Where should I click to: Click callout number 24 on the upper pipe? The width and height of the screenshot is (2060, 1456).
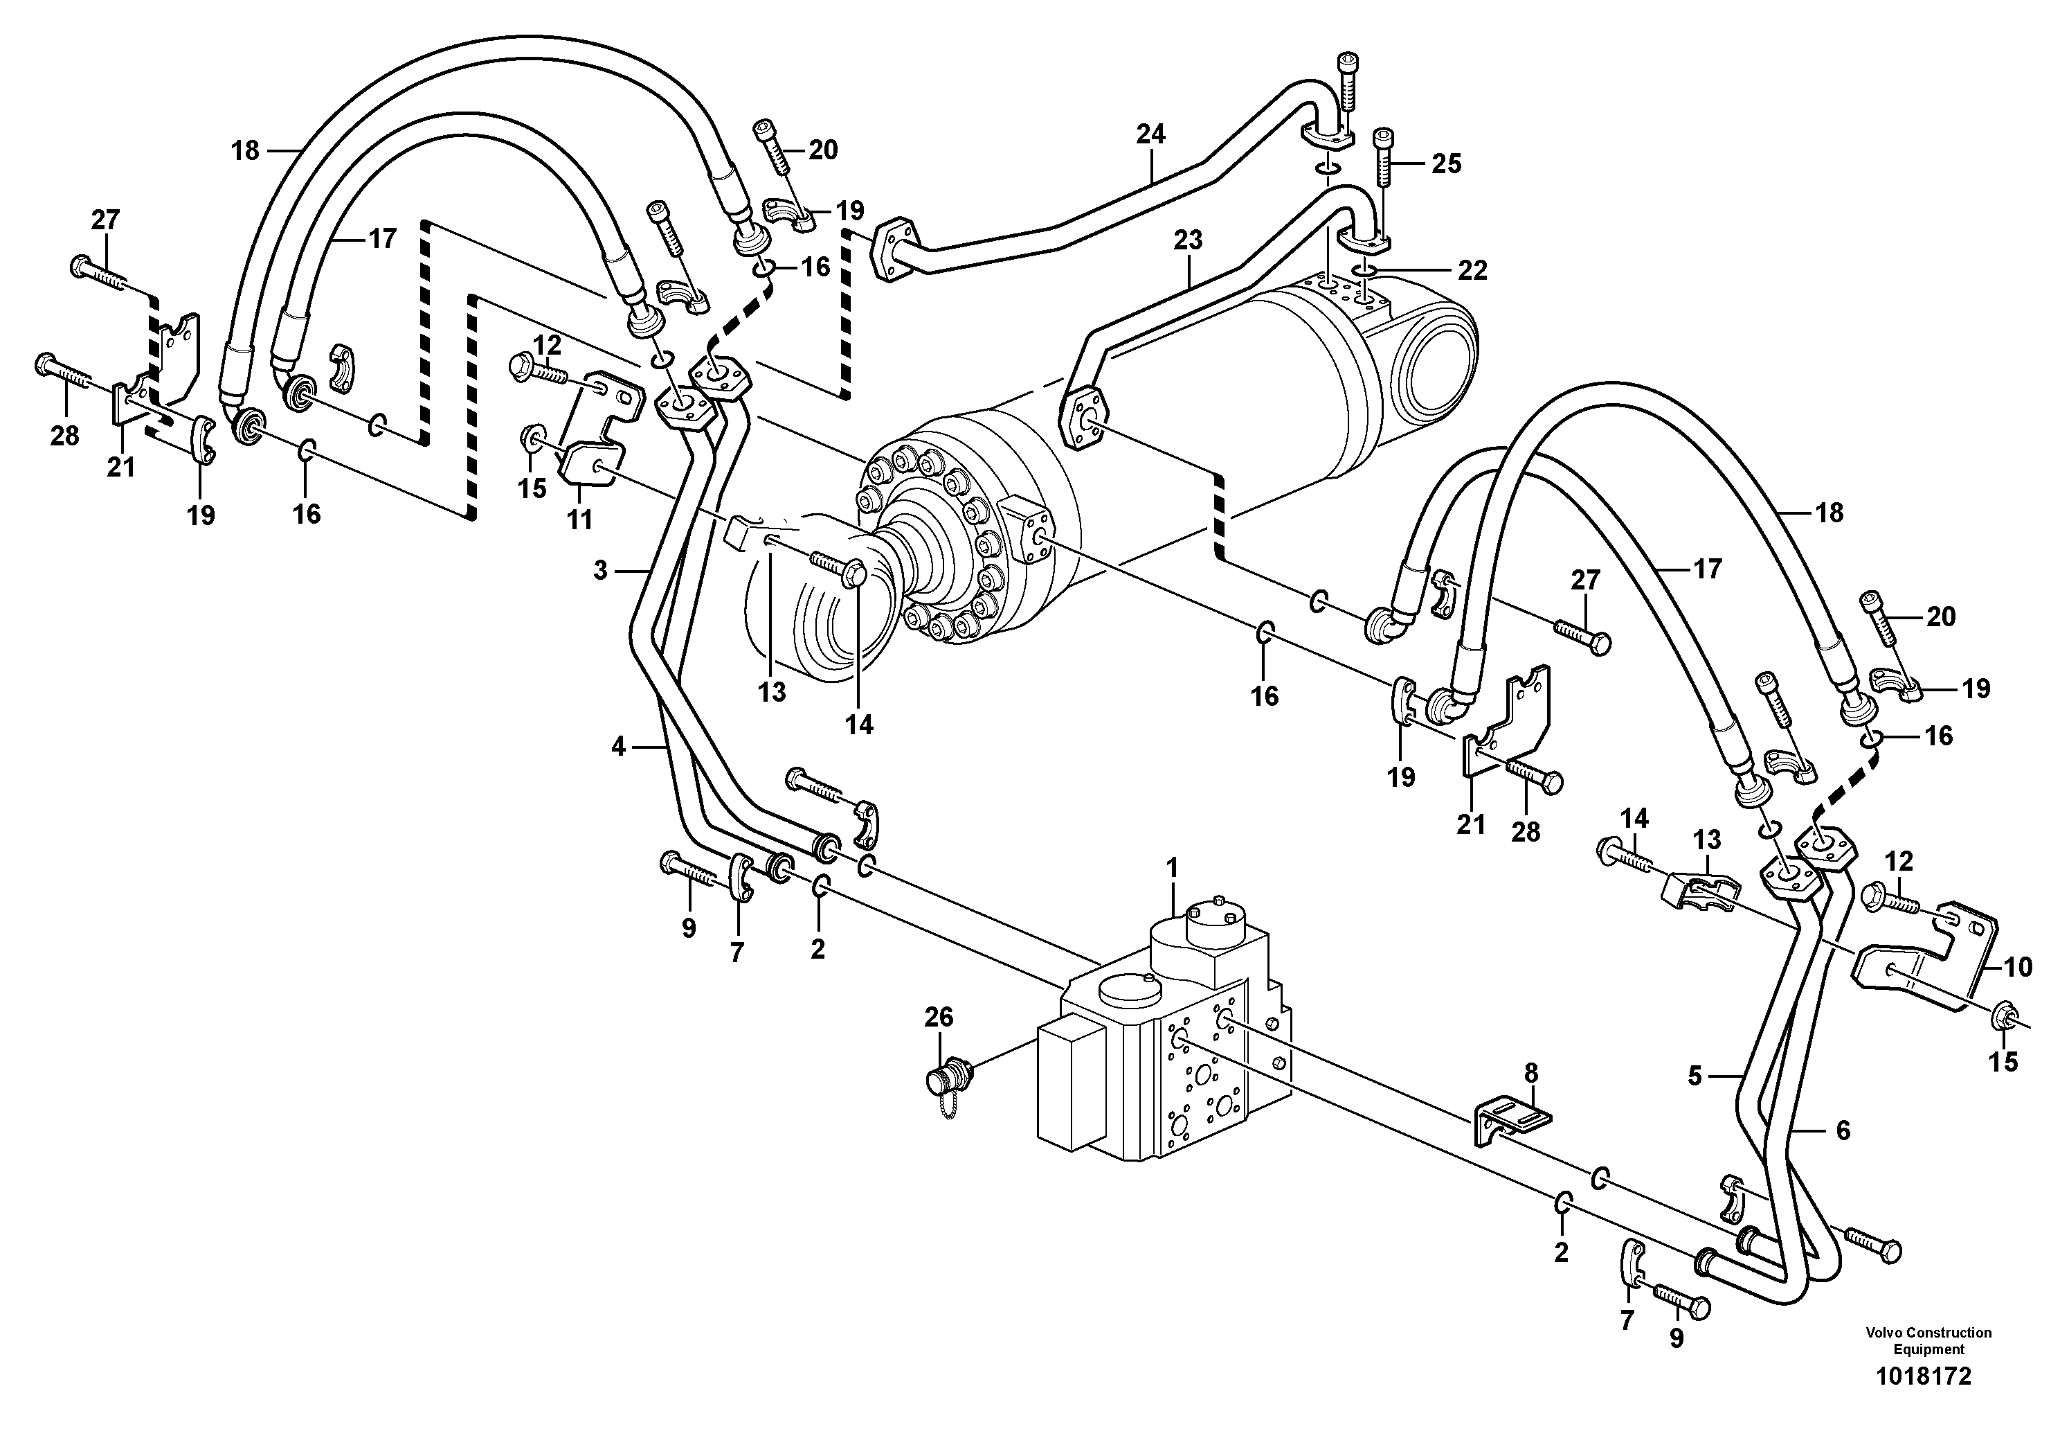pos(1150,134)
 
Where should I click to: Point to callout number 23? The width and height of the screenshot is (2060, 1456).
pos(1188,240)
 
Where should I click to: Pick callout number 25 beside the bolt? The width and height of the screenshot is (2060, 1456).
pos(1446,163)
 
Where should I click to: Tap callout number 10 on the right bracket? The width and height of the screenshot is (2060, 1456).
pos(2018,967)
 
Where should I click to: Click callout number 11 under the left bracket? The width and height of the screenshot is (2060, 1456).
pos(579,519)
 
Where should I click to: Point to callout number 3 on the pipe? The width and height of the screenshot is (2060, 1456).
pos(600,569)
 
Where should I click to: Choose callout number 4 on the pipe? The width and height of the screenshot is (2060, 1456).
pos(617,746)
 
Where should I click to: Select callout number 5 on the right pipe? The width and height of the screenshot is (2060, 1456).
pos(1694,1076)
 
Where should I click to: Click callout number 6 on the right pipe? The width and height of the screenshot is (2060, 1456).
pos(1843,1130)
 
